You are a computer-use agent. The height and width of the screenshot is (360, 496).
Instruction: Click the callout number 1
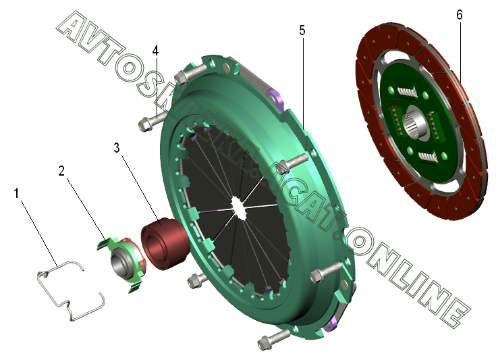16,192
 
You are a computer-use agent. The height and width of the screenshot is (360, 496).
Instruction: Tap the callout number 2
61,171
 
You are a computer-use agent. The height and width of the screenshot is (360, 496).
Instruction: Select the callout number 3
117,147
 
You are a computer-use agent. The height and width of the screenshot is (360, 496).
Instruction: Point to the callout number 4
155,51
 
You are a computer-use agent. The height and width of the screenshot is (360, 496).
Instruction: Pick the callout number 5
302,30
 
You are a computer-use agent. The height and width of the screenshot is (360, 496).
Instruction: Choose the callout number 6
460,15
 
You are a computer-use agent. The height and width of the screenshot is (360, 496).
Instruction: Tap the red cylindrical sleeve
165,243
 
